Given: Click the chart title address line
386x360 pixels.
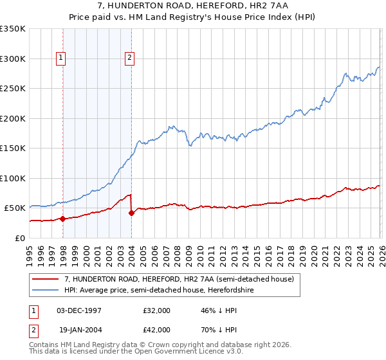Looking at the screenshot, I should tap(192, 5).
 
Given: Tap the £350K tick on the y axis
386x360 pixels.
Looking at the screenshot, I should tap(13, 29).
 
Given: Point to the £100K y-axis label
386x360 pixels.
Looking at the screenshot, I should tap(13, 178).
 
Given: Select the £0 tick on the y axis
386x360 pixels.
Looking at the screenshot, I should tap(21, 238).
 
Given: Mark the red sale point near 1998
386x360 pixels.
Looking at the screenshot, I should tap(63, 219).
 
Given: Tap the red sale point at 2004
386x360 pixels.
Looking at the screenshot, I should tap(131, 213).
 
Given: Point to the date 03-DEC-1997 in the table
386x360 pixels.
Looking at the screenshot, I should tap(78, 310).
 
